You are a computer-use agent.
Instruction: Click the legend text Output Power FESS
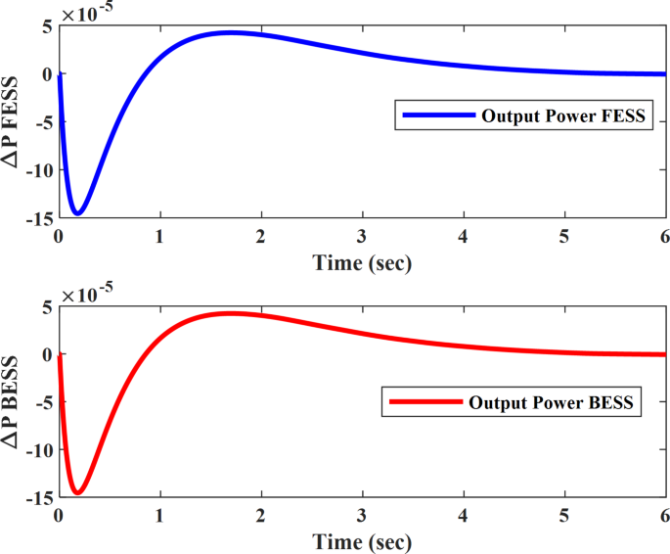(563, 115)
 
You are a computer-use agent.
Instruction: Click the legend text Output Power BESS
(552, 402)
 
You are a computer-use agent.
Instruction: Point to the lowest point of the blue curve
(77, 212)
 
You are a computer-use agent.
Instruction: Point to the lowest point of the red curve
(77, 492)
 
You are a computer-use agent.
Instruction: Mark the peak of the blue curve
(231, 32)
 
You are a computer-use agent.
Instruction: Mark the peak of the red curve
(231, 313)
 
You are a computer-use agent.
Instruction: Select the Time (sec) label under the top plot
(362, 262)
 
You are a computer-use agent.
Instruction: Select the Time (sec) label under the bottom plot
(362, 541)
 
